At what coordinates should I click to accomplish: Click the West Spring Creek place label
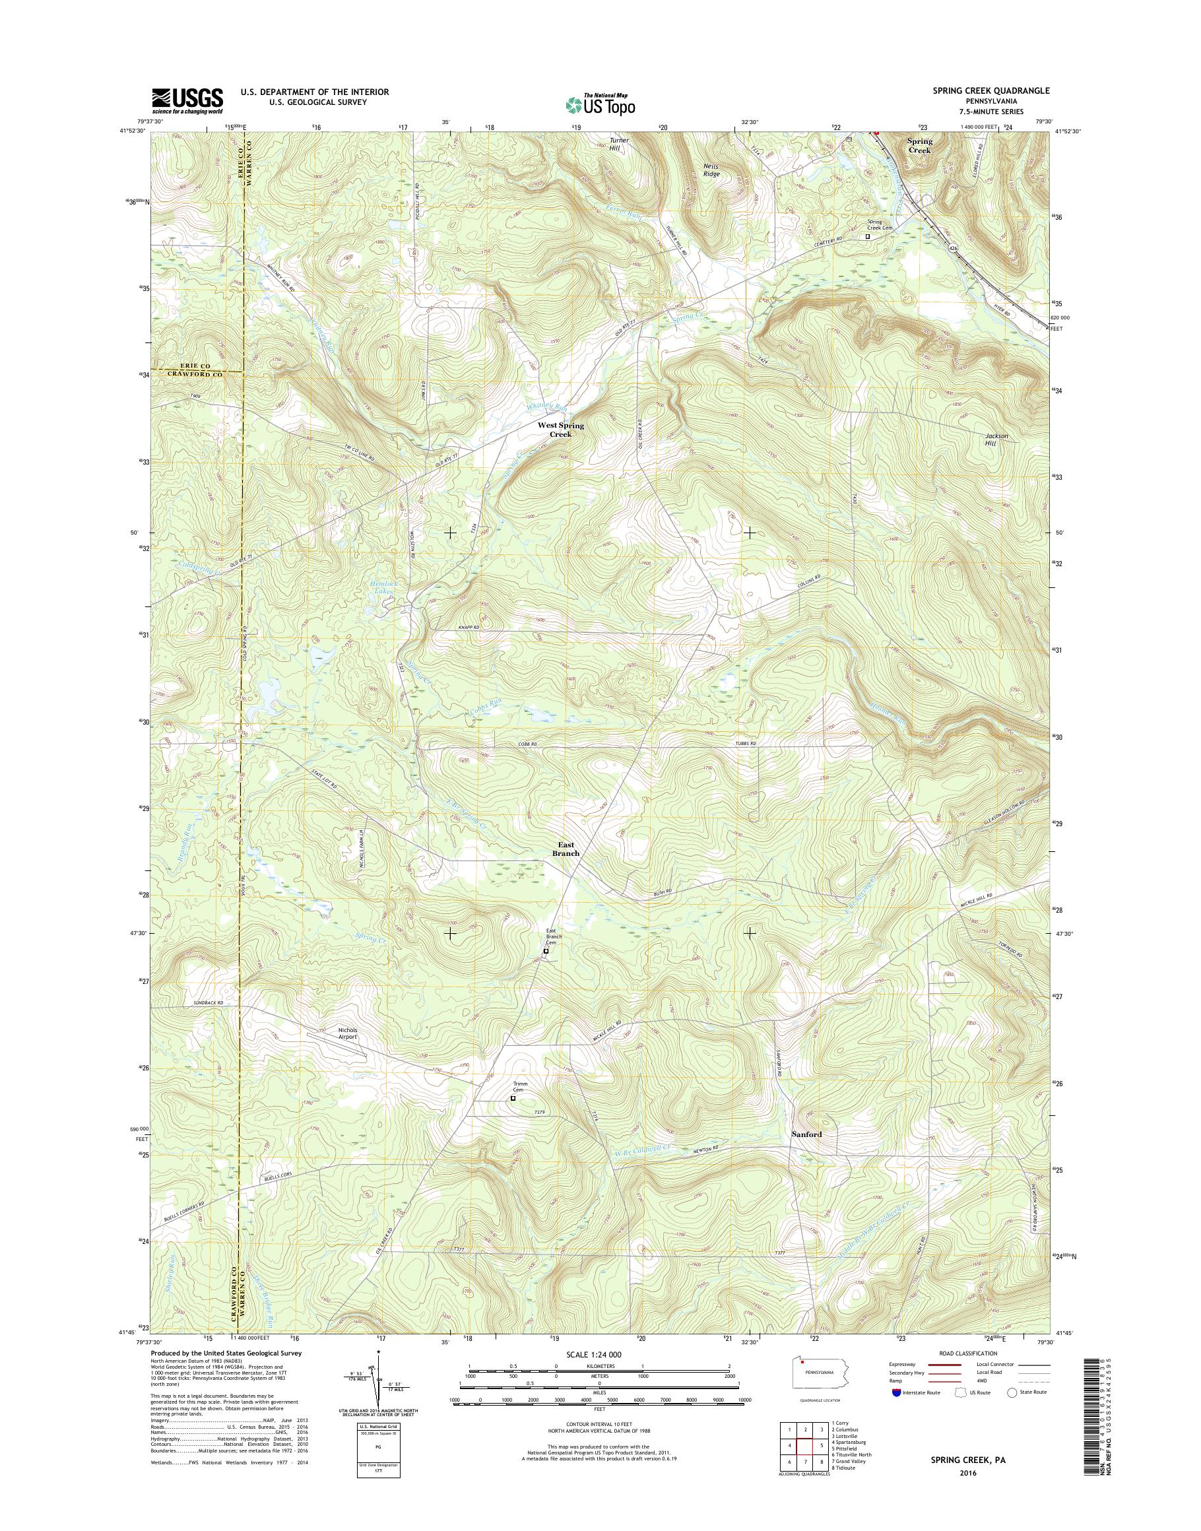point(560,430)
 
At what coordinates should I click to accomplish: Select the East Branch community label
point(566,849)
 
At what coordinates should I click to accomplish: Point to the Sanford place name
point(806,1154)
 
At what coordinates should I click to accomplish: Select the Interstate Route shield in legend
point(895,1411)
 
